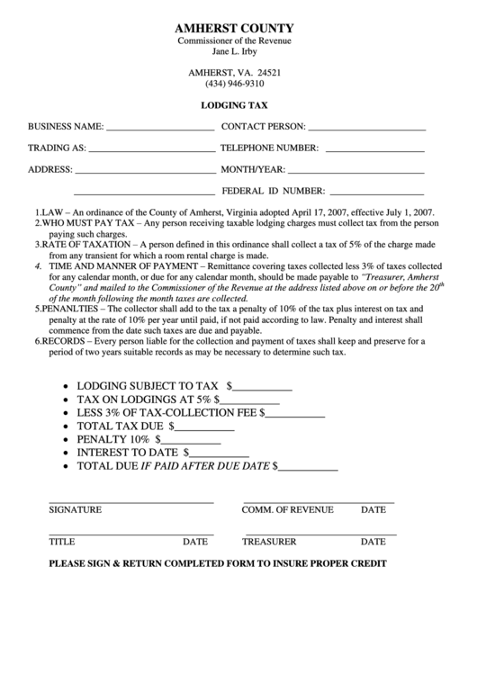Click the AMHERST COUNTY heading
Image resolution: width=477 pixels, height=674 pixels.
coord(239,30)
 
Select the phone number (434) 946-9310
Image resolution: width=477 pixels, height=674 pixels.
coord(239,84)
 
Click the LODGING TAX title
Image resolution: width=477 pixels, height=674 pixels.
coord(239,105)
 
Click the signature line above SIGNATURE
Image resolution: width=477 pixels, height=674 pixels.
coord(130,500)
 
